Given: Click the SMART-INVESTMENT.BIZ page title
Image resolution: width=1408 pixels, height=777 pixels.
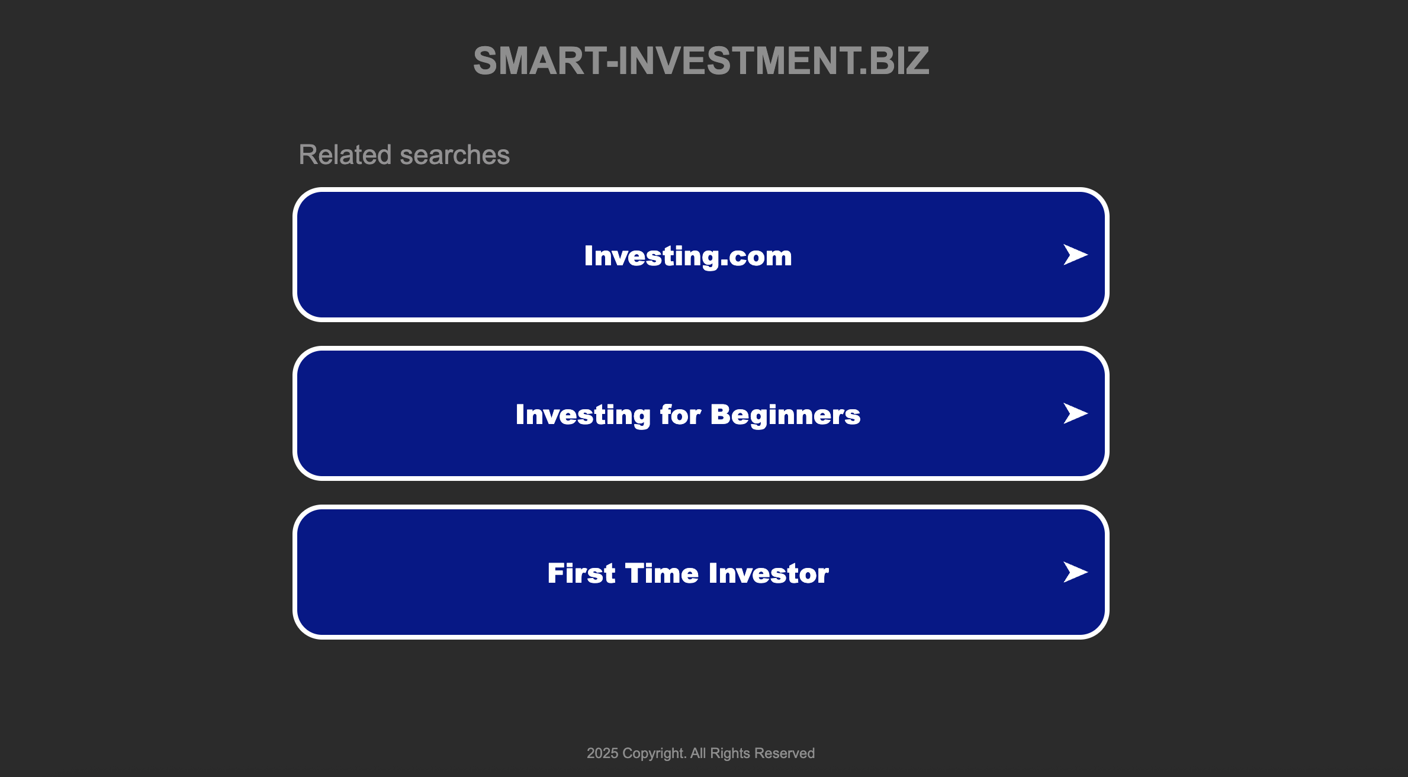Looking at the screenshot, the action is (701, 60).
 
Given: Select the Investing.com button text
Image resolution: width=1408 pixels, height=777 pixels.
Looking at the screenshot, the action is (688, 256).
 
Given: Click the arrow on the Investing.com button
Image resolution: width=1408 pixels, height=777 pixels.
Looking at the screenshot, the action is (1075, 255).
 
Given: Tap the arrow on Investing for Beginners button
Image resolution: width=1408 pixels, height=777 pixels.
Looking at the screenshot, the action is (1075, 413).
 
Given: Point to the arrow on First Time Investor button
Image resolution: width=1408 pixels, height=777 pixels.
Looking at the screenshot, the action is (1075, 572).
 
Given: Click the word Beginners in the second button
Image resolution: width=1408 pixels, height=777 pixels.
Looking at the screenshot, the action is (785, 415).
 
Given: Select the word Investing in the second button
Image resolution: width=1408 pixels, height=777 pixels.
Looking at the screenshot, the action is (583, 415).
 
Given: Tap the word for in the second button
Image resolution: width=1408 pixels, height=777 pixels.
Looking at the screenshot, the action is (681, 415).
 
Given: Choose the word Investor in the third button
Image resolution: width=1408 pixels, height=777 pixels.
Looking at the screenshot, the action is (769, 573).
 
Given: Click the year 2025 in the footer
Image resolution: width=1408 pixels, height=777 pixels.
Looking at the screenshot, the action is (602, 753).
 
